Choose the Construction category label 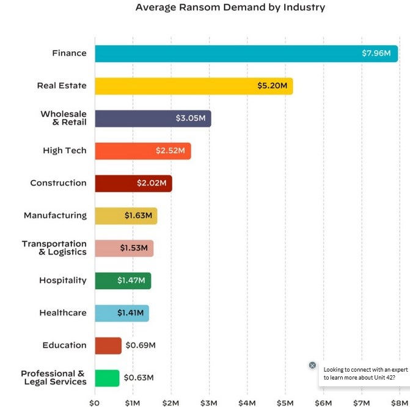(58, 183)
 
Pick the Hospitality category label (63, 281)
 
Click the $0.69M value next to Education (141, 345)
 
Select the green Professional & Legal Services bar (107, 378)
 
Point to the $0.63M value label (139, 378)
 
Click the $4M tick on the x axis (247, 403)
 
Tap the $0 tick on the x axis (94, 403)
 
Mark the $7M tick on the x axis (362, 403)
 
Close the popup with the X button (312, 365)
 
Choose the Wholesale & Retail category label (64, 118)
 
